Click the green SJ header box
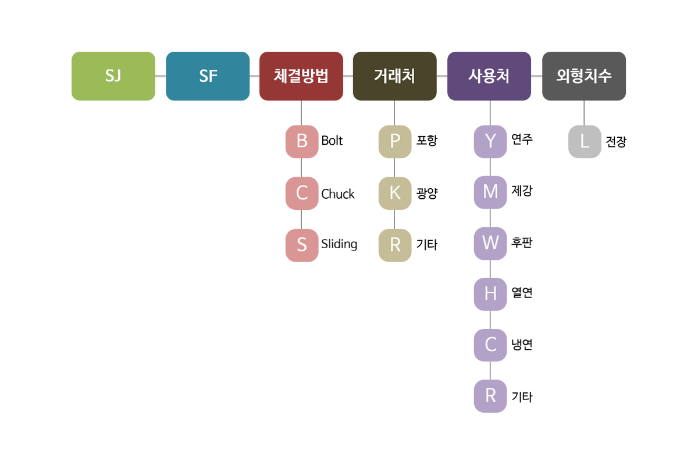[x=113, y=76]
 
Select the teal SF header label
[x=208, y=76]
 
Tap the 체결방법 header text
[x=301, y=76]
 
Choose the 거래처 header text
[x=394, y=76]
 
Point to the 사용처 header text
[x=489, y=76]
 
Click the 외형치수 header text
[x=584, y=76]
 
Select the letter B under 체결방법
[x=301, y=141]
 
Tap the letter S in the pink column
[x=301, y=245]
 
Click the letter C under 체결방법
[x=301, y=193]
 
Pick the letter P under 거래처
[x=395, y=141]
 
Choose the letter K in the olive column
[x=395, y=193]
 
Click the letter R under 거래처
[x=395, y=245]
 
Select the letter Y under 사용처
[x=490, y=141]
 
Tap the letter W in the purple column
[x=490, y=243]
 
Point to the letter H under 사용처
[x=490, y=294]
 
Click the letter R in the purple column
[x=490, y=396]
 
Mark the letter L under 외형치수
[x=585, y=141]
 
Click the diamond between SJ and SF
[x=161, y=76]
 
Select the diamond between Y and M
[x=490, y=167]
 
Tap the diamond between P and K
[x=395, y=167]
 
